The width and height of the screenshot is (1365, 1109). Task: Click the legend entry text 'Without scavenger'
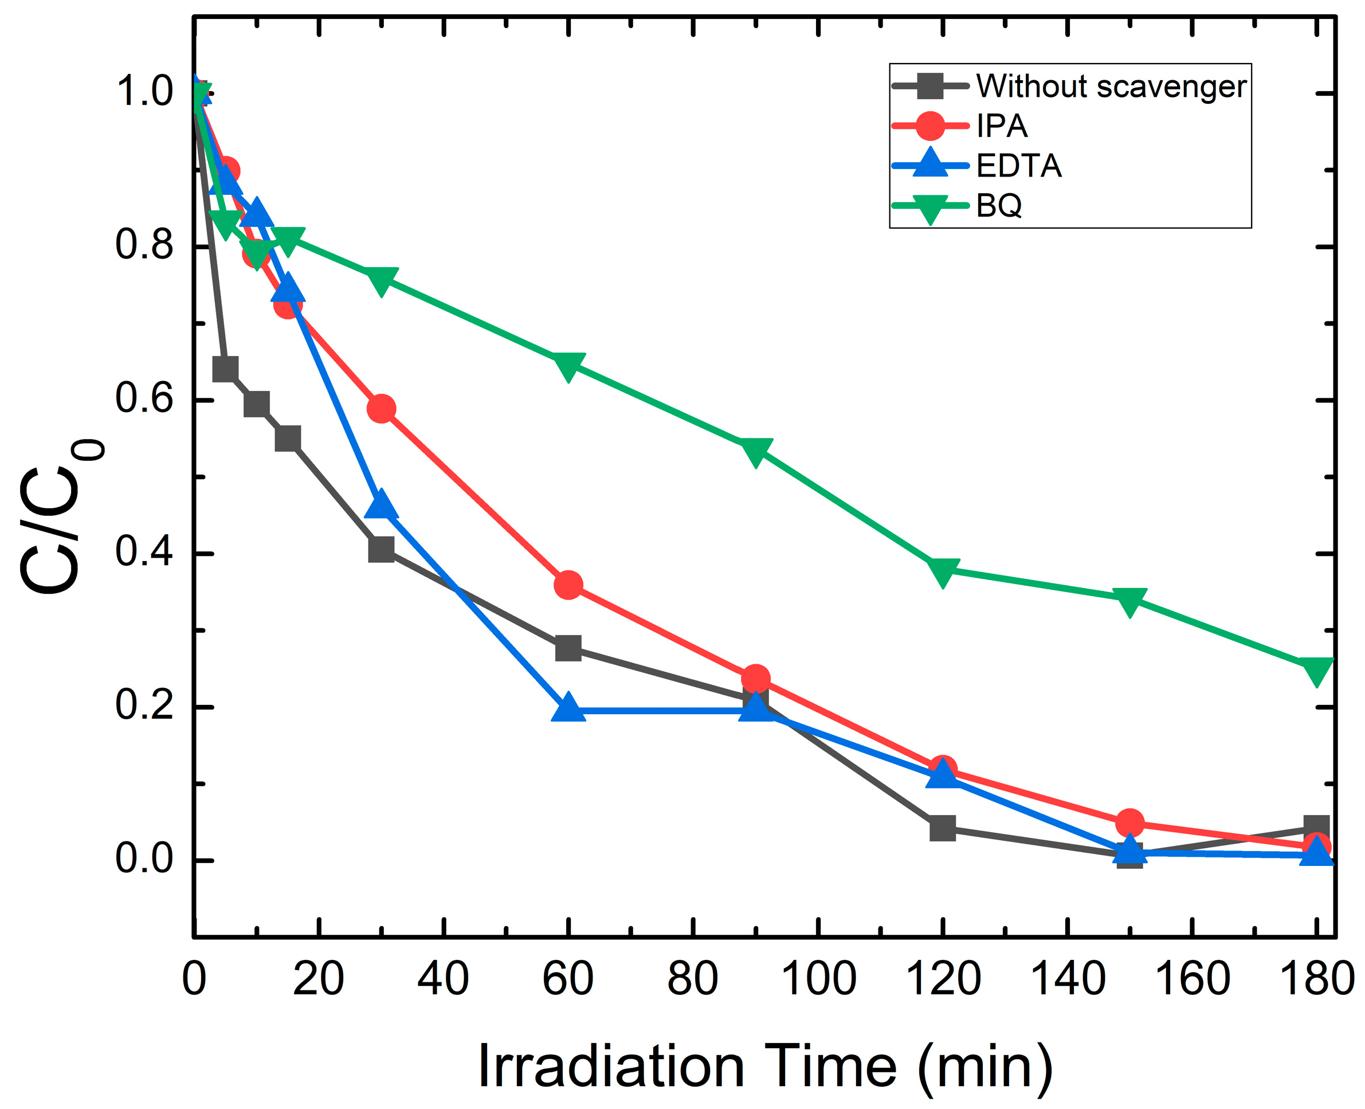pos(1111,86)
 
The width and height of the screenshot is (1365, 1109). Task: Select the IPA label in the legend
pos(1002,126)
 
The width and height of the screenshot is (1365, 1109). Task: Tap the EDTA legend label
pos(1019,166)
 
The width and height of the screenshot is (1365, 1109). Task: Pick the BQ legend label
pos(999,206)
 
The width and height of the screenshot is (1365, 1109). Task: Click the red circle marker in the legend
pos(930,126)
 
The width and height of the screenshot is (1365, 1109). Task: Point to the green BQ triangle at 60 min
pos(568,365)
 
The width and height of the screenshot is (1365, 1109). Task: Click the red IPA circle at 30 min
pos(381,408)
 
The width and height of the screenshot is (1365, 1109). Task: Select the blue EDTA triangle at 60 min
pos(568,708)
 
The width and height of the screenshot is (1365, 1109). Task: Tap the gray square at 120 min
pos(942,829)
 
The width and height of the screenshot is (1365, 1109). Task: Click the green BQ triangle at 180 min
pos(1316,669)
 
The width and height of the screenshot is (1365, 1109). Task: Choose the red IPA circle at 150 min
pos(1129,823)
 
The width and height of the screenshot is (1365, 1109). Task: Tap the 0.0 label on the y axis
pos(144,859)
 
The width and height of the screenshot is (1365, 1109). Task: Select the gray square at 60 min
pos(568,648)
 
